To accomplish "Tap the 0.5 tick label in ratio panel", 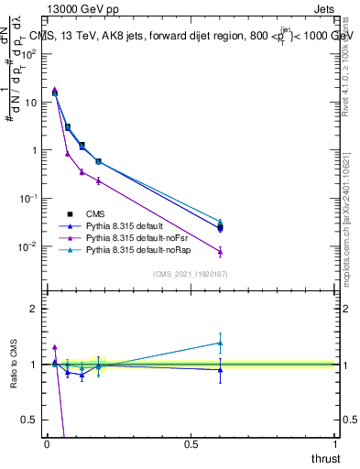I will [30, 420].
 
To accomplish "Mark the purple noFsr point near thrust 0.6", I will [220, 251].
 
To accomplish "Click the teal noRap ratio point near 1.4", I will [220, 343].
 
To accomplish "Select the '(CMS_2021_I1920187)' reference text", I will [191, 275].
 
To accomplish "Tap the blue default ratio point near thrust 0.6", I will [220, 369].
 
